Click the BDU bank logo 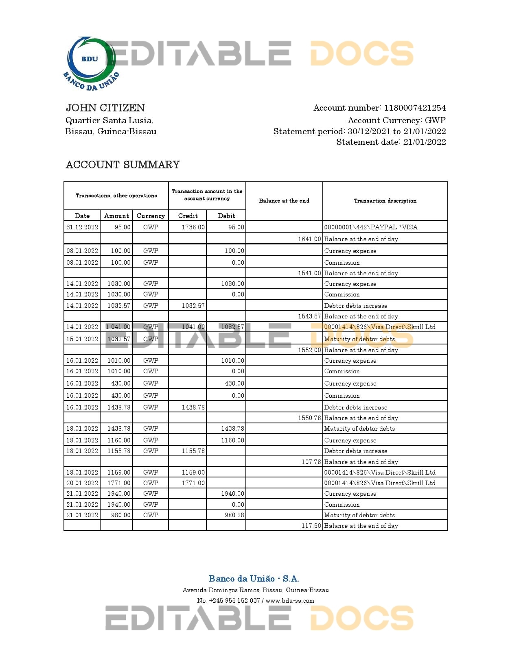91,63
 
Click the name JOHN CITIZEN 105,108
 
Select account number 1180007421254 415,108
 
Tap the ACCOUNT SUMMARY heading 123,165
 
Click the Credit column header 188,216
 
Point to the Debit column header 226,216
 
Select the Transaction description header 385,201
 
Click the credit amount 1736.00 193,227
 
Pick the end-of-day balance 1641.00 309,239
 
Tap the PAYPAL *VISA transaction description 371,227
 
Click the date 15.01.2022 82,339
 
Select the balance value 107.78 311,462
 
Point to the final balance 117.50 311,526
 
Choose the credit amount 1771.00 193,483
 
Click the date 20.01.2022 82,483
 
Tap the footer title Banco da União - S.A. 254,579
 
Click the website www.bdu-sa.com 290,601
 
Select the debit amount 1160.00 232,440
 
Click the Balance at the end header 284,201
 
